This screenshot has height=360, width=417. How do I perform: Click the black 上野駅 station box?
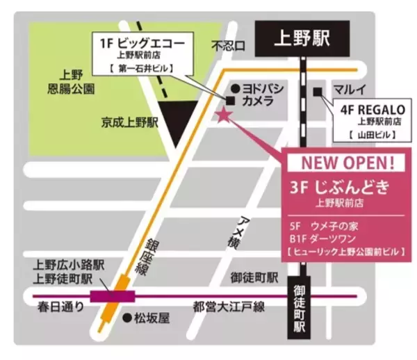[x=301, y=39]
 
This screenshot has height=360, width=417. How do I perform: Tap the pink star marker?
[x=224, y=115]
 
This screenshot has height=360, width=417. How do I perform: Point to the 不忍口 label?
[x=229, y=47]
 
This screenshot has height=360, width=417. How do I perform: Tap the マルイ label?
[x=350, y=89]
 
